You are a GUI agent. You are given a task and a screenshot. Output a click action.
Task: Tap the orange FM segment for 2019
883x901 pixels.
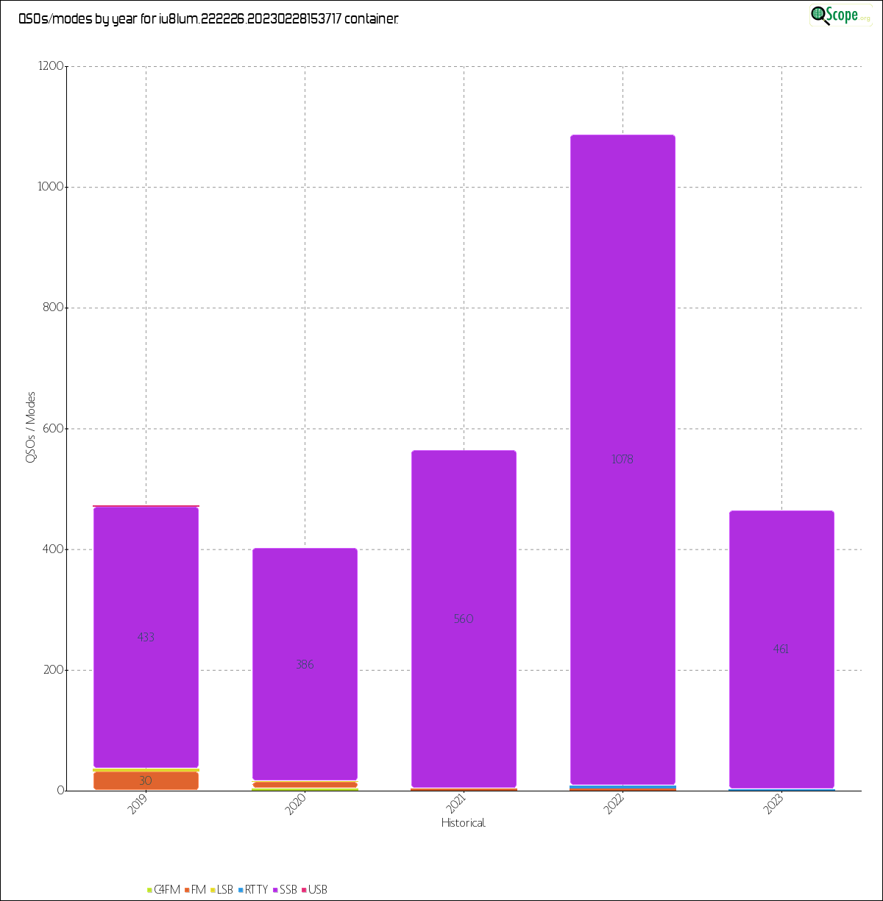(146, 780)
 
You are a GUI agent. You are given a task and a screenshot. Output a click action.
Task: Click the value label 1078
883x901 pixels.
(623, 460)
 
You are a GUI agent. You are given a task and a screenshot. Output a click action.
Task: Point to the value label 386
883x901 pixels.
(305, 665)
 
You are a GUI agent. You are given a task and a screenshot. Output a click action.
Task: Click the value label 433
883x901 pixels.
(146, 638)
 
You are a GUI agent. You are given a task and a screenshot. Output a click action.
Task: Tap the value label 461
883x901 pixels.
(781, 649)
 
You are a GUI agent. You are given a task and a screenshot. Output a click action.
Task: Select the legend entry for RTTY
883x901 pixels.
(252, 890)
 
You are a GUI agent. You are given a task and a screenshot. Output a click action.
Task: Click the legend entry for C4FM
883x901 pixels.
(164, 890)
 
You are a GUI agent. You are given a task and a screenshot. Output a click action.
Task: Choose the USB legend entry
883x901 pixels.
(314, 890)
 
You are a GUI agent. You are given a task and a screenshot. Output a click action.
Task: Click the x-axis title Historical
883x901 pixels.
(464, 823)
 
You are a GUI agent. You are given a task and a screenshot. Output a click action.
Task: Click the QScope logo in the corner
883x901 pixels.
(839, 15)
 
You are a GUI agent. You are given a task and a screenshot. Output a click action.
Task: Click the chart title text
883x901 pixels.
(208, 20)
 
